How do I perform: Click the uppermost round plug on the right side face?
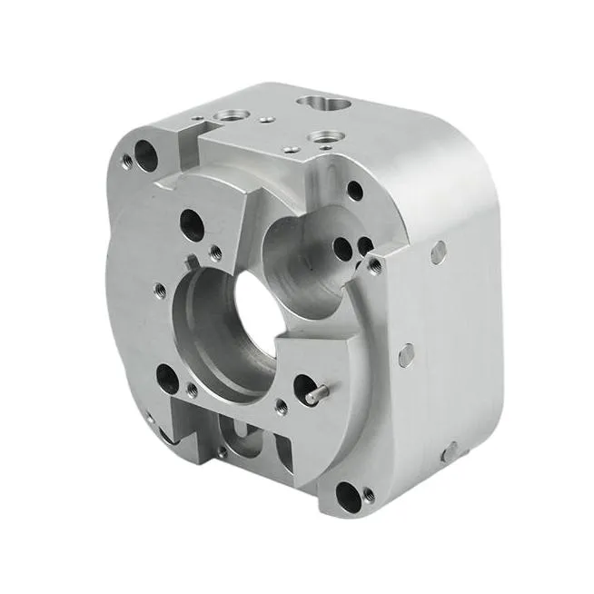click(438, 252)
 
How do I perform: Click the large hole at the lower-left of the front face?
click(168, 377)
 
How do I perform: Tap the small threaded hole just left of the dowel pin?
click(282, 407)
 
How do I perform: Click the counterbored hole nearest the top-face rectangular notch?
click(226, 115)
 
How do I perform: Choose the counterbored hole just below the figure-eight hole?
click(322, 137)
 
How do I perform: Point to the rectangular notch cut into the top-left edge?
click(188, 141)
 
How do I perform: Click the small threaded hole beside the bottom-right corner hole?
click(369, 496)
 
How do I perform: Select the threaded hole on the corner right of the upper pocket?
click(374, 264)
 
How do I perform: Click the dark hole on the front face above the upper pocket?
click(355, 190)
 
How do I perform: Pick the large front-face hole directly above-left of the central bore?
click(193, 221)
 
